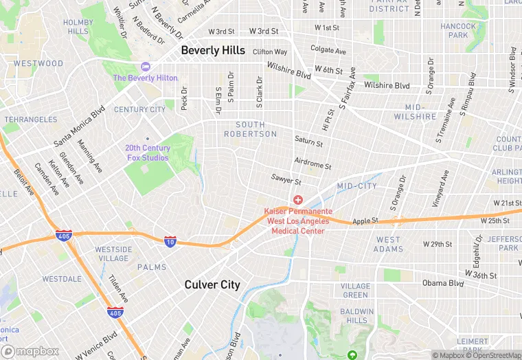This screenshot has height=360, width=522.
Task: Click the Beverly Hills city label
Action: (x=213, y=50)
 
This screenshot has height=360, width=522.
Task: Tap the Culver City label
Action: (x=212, y=284)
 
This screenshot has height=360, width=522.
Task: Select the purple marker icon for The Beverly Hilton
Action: (x=145, y=67)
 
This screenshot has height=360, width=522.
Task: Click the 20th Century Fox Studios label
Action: (x=147, y=153)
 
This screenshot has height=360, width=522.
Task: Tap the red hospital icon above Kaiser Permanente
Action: (x=298, y=199)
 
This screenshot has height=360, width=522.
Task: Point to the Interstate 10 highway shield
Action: (x=170, y=241)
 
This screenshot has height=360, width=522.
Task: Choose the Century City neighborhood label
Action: (x=139, y=109)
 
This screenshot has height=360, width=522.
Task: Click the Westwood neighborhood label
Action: (x=38, y=63)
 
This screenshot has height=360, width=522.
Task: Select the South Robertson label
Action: (x=250, y=129)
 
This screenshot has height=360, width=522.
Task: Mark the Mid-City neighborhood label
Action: (x=357, y=186)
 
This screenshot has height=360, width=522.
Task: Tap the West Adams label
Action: (x=388, y=244)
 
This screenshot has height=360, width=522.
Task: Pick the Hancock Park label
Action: (x=458, y=30)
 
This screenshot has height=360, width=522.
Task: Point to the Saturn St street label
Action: (x=308, y=142)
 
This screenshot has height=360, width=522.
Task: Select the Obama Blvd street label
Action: (x=444, y=283)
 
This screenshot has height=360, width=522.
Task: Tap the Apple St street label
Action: (x=365, y=221)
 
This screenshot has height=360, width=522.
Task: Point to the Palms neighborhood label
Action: (x=151, y=267)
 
